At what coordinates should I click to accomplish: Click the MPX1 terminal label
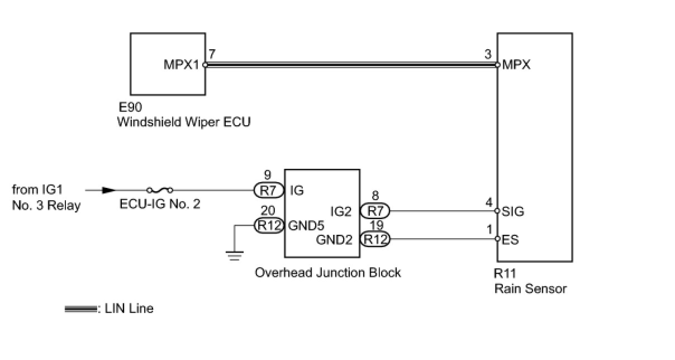pos(181,65)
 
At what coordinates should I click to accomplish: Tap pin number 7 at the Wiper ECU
pos(211,54)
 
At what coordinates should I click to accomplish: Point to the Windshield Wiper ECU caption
pos(183,122)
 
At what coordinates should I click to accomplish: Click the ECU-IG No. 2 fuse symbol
pos(159,190)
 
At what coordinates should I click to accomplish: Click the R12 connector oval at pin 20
pos(269,225)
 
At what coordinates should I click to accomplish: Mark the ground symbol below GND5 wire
pos(235,256)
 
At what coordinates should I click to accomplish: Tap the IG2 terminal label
pos(341,211)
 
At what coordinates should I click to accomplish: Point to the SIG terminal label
pos(514,211)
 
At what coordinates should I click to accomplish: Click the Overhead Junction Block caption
pos(328,273)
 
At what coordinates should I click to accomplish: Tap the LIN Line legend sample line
pos(81,309)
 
